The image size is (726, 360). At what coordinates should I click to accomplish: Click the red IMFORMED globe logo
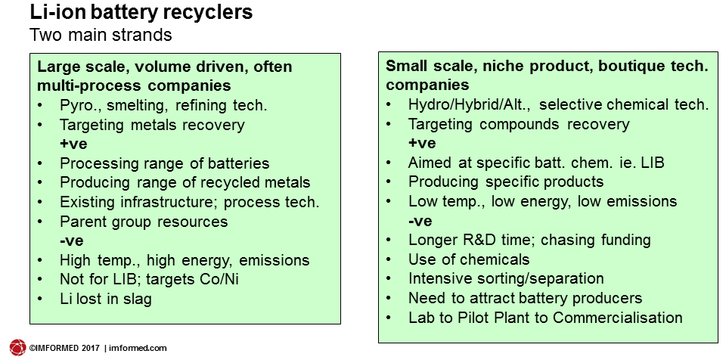(x=18, y=348)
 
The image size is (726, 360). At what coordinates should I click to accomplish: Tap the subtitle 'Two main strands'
(x=101, y=36)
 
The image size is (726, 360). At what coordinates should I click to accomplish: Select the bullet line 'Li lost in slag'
(x=106, y=299)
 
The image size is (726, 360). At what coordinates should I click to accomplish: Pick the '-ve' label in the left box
(x=71, y=241)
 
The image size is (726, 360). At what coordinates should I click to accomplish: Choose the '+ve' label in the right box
(x=422, y=143)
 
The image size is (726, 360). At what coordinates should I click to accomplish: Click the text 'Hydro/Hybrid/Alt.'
(x=470, y=105)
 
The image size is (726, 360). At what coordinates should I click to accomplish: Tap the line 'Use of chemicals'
(x=469, y=259)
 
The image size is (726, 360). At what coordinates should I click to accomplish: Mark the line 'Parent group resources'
(x=144, y=222)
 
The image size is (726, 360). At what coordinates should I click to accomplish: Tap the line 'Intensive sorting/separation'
(x=506, y=278)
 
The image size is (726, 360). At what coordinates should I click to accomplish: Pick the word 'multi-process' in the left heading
(x=88, y=86)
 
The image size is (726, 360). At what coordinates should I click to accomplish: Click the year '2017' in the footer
(x=91, y=348)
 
